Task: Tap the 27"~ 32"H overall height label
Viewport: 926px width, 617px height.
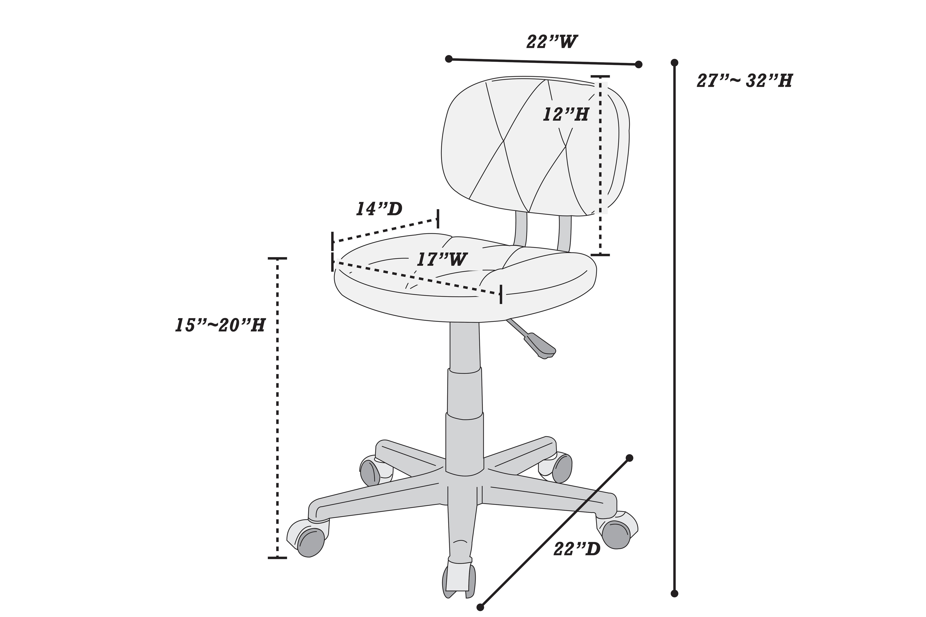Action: [744, 81]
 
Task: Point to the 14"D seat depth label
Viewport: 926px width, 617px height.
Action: [379, 209]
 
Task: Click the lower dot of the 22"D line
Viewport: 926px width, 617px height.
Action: [480, 607]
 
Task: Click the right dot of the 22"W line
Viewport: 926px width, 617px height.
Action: [639, 64]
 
